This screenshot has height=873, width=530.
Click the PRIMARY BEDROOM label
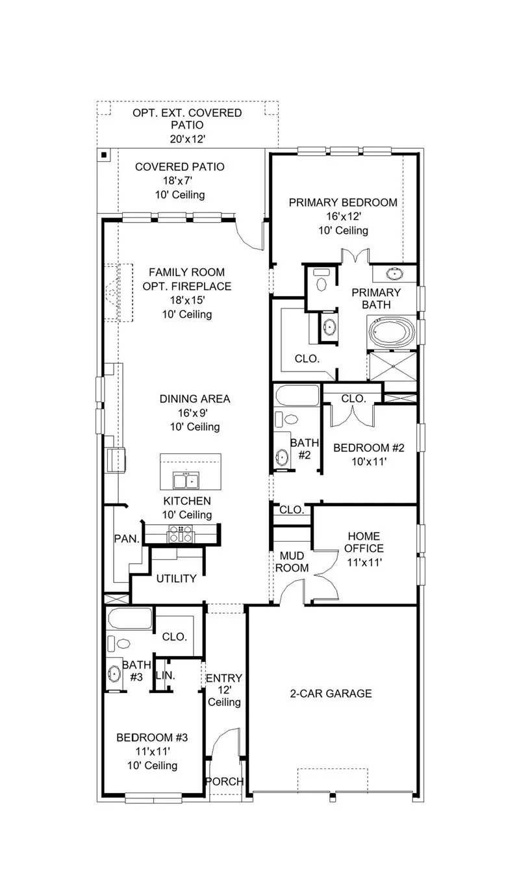coord(343,203)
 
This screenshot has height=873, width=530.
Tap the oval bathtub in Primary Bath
coord(391,332)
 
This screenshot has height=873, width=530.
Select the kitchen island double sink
coord(185,481)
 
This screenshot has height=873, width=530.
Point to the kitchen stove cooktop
coord(181,533)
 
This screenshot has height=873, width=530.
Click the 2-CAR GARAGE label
coord(331,694)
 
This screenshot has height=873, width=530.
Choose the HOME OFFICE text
coord(365,542)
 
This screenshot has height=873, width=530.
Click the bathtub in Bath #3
coord(130,619)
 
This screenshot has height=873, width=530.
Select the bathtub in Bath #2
coord(296,396)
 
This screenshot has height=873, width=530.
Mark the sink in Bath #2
coord(283,457)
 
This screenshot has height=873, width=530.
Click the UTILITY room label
coord(176,579)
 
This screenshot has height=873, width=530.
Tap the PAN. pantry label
coord(127,538)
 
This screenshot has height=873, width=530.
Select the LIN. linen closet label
coord(165,676)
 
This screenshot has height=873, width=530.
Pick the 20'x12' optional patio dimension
coord(187,138)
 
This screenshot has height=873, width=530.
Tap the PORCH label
coord(225,781)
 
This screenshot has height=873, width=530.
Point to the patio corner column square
coord(103,155)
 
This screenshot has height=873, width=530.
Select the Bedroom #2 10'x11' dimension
coord(368,462)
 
